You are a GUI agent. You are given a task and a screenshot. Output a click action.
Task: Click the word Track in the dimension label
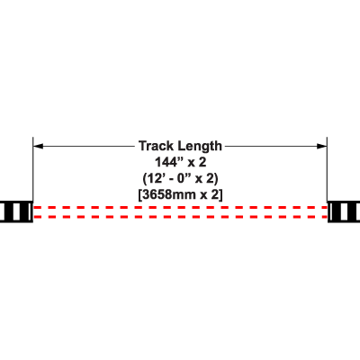pos(156,146)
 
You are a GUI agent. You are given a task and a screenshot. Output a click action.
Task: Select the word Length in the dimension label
pos(200,147)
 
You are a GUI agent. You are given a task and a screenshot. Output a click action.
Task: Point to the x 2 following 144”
pos(197,162)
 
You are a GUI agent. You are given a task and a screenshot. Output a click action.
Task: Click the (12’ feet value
pos(154,179)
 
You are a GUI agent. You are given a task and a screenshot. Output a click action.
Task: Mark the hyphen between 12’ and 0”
pos(172,180)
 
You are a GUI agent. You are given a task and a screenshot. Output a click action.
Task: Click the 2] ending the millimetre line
pos(217,195)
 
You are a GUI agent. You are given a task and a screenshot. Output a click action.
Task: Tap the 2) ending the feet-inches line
pos(212,179)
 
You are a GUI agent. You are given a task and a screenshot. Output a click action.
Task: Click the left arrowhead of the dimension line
pos(38,146)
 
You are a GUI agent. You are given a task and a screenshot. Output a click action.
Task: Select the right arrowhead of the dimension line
pos(322,146)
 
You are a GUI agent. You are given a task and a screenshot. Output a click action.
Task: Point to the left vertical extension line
pos(33,169)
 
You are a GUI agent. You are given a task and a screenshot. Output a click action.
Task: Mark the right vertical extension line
pos(327,169)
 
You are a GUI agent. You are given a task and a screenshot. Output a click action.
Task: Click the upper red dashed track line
pos(180,207)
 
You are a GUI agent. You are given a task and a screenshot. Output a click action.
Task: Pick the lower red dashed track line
pos(180,217)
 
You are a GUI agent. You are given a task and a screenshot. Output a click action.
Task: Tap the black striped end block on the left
pos(16,211)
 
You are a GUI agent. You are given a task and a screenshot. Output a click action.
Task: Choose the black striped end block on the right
pos(344,211)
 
